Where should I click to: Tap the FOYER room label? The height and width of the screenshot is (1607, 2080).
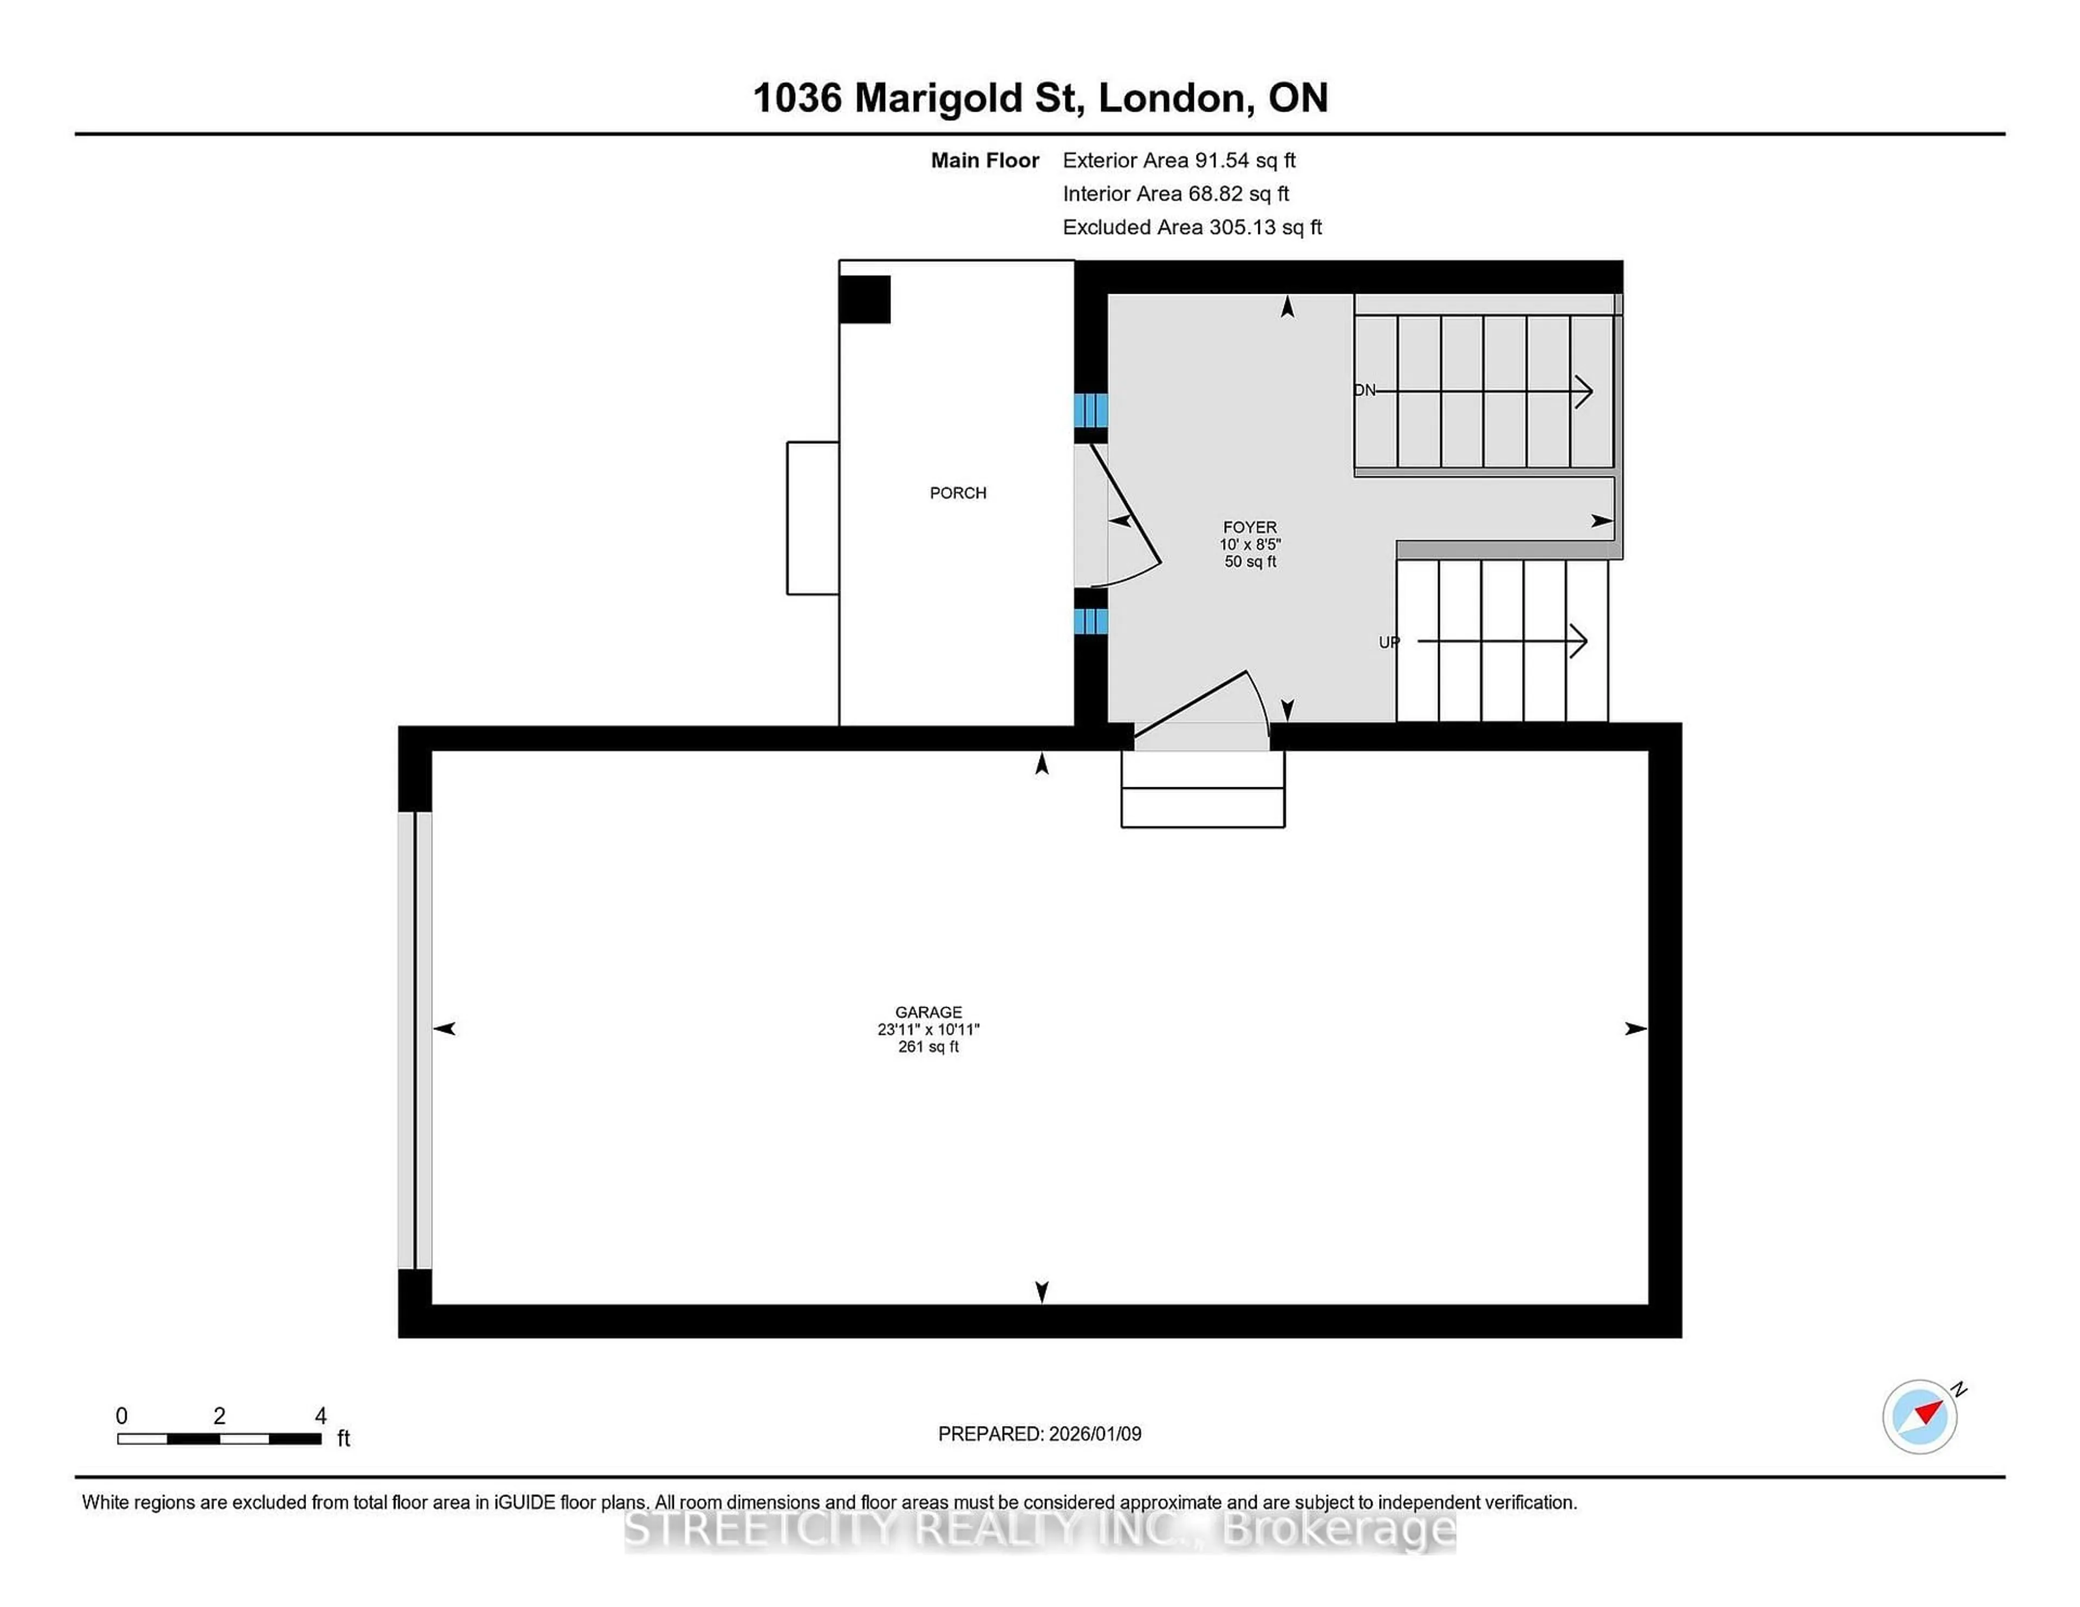[x=1250, y=527]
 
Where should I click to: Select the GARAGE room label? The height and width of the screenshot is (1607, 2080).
[x=928, y=1012]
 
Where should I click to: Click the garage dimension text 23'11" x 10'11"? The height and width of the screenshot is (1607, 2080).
[x=928, y=1029]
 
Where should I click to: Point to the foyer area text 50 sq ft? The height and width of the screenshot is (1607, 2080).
[x=1250, y=561]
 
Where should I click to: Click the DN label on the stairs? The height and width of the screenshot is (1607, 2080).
[x=1365, y=390]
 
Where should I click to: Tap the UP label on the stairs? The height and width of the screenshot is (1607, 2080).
[x=1389, y=642]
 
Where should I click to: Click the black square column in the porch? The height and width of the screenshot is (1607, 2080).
[x=864, y=299]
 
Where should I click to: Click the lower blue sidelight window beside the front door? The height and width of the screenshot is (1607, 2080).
[x=1090, y=621]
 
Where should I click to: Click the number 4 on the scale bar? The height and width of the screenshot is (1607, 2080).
[x=321, y=1416]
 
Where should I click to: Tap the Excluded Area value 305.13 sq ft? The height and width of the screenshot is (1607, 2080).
[x=1265, y=226]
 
